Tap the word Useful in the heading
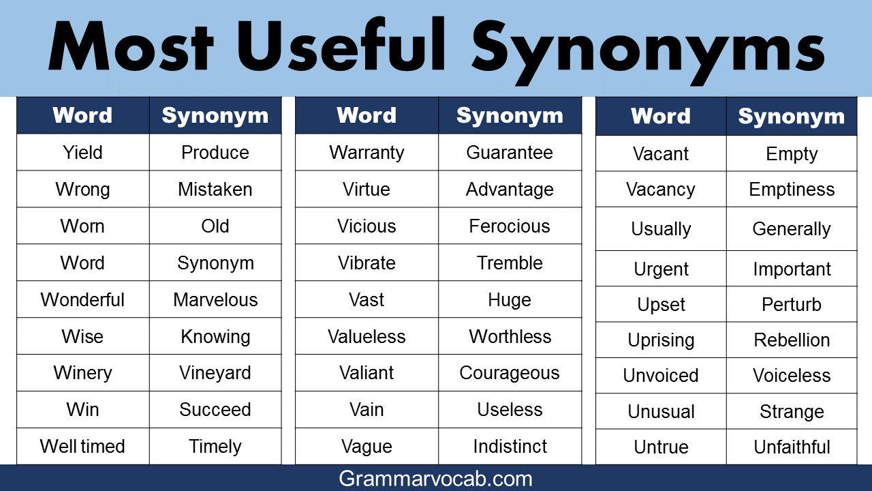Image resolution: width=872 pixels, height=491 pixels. (x=341, y=44)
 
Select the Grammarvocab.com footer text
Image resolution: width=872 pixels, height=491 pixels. (x=435, y=479)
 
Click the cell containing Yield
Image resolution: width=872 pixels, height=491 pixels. (x=83, y=152)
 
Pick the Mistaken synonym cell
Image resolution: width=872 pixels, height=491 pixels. (x=215, y=189)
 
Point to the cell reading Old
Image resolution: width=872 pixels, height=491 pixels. (x=215, y=226)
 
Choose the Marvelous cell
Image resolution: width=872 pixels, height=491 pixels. (x=215, y=299)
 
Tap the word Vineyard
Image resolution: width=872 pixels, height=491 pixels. (x=215, y=373)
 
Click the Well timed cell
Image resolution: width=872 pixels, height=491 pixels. (x=83, y=446)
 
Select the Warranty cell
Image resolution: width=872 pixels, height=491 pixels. (x=367, y=152)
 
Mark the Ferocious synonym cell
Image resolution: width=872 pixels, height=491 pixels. (x=510, y=226)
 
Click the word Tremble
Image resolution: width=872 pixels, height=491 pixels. (x=510, y=263)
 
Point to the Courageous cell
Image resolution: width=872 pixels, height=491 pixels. (x=510, y=373)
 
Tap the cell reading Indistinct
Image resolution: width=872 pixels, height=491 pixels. (x=510, y=446)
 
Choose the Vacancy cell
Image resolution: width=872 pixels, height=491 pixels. (x=661, y=190)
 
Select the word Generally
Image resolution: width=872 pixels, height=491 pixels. (x=792, y=229)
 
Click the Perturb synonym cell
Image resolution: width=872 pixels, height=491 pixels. (x=792, y=304)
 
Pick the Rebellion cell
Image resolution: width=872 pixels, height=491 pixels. (x=792, y=340)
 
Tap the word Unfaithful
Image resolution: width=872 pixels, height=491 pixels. (x=792, y=447)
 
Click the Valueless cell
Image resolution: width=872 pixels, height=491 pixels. (x=367, y=336)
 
